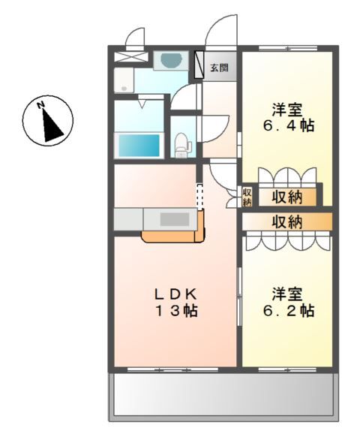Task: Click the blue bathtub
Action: pos(138,144)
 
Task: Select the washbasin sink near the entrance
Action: pos(171,60)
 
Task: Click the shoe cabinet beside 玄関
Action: pos(199,65)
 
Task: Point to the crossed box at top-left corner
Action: pos(132,57)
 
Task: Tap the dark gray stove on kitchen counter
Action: pos(176,220)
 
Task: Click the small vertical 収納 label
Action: pos(247,197)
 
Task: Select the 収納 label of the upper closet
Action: pos(288,197)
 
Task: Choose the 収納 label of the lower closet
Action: pos(286,222)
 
